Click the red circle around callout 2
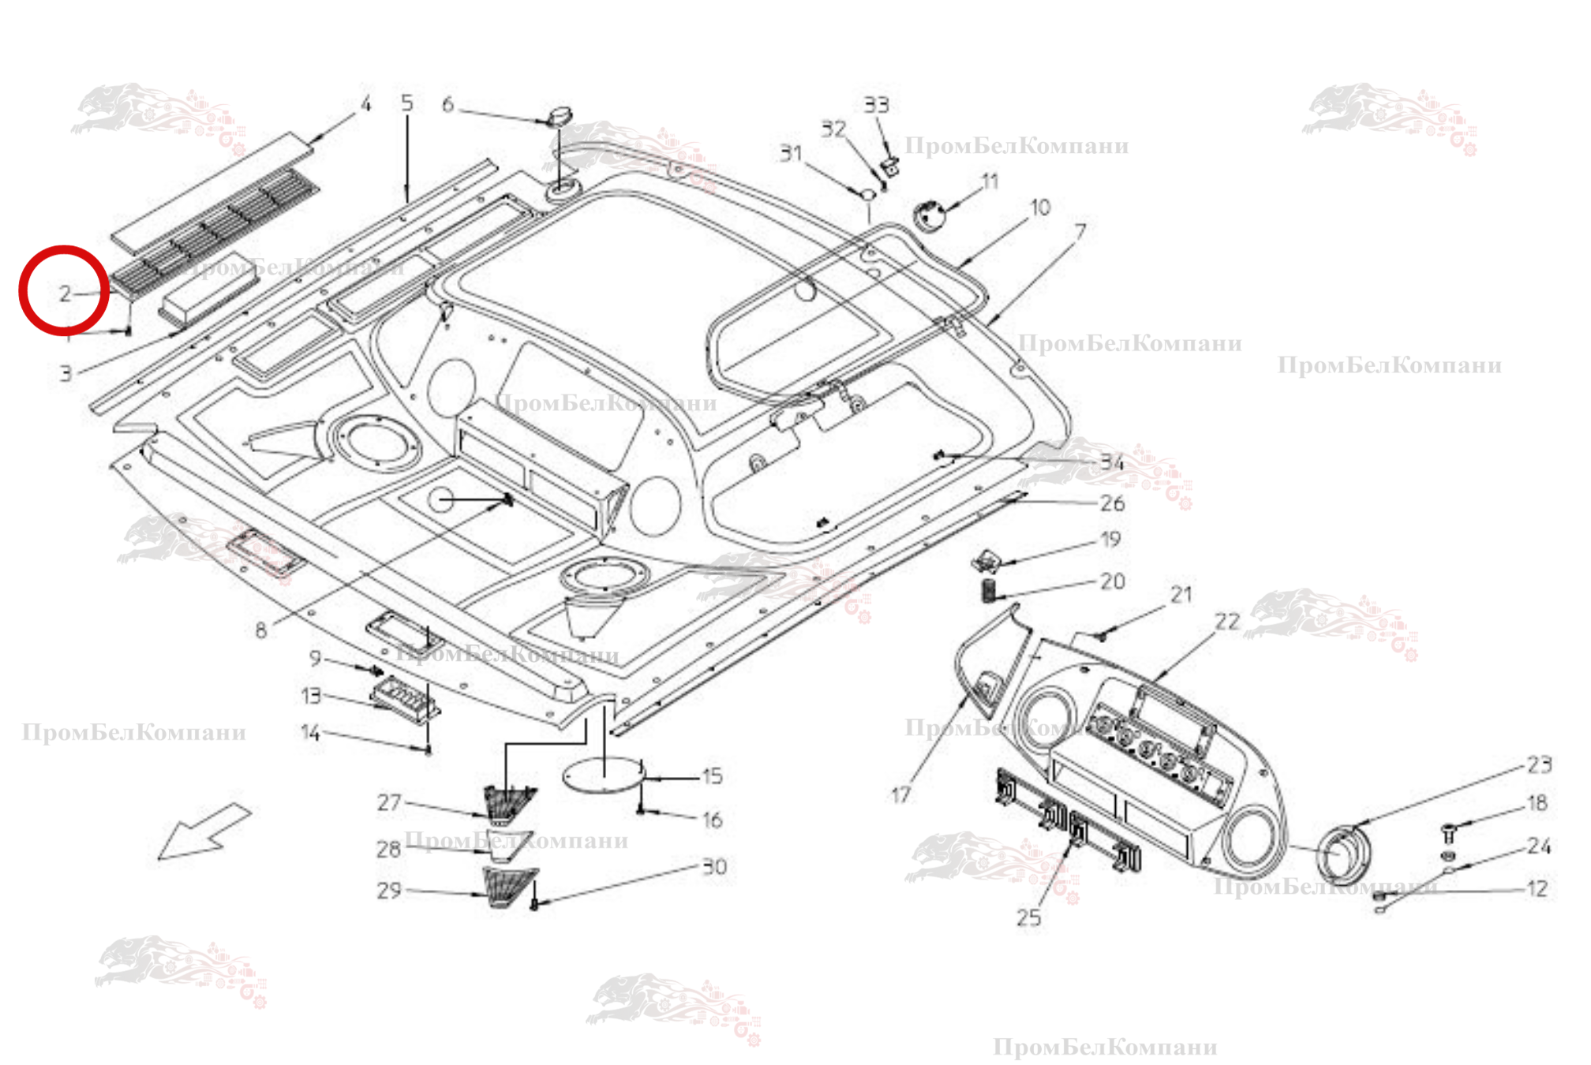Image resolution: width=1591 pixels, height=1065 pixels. pyautogui.click(x=64, y=290)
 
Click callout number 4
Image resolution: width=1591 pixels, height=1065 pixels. pyautogui.click(x=365, y=104)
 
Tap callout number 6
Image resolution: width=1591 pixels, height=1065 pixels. pyautogui.click(x=448, y=104)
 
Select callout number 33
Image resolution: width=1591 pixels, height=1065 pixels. pyautogui.click(x=876, y=105)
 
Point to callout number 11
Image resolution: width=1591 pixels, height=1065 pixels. pyautogui.click(x=990, y=181)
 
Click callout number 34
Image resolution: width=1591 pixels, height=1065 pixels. pyautogui.click(x=1112, y=462)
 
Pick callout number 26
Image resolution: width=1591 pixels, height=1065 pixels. pyautogui.click(x=1112, y=503)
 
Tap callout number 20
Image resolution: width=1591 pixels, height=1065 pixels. pyautogui.click(x=1112, y=581)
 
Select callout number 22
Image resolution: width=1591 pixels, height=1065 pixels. pyautogui.click(x=1227, y=622)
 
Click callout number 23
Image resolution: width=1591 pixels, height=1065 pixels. pyautogui.click(x=1539, y=764)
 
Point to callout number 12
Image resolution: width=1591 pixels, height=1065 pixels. pyautogui.click(x=1537, y=889)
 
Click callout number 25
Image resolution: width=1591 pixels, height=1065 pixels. pyautogui.click(x=1028, y=917)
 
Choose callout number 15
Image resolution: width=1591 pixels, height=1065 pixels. pyautogui.click(x=712, y=776)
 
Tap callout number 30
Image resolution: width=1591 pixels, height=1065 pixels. pyautogui.click(x=714, y=867)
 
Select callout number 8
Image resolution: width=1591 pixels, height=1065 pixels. pyautogui.click(x=261, y=630)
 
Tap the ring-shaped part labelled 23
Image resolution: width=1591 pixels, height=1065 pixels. pyautogui.click(x=1343, y=856)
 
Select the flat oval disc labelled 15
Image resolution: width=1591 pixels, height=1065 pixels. pyautogui.click(x=605, y=775)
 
